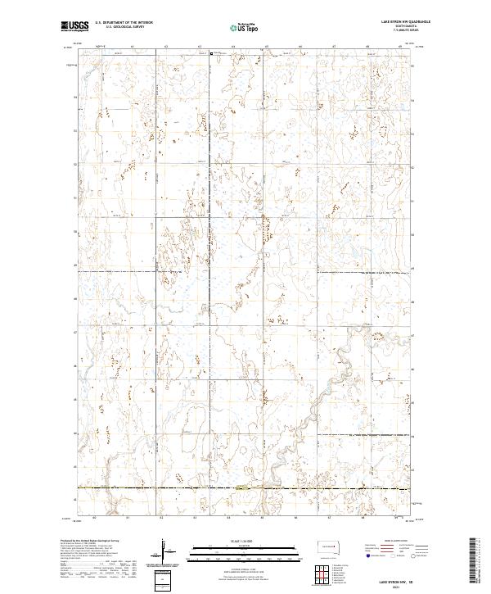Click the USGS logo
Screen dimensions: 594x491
tap(74, 26)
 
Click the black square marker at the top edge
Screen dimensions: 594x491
tap(212, 55)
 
